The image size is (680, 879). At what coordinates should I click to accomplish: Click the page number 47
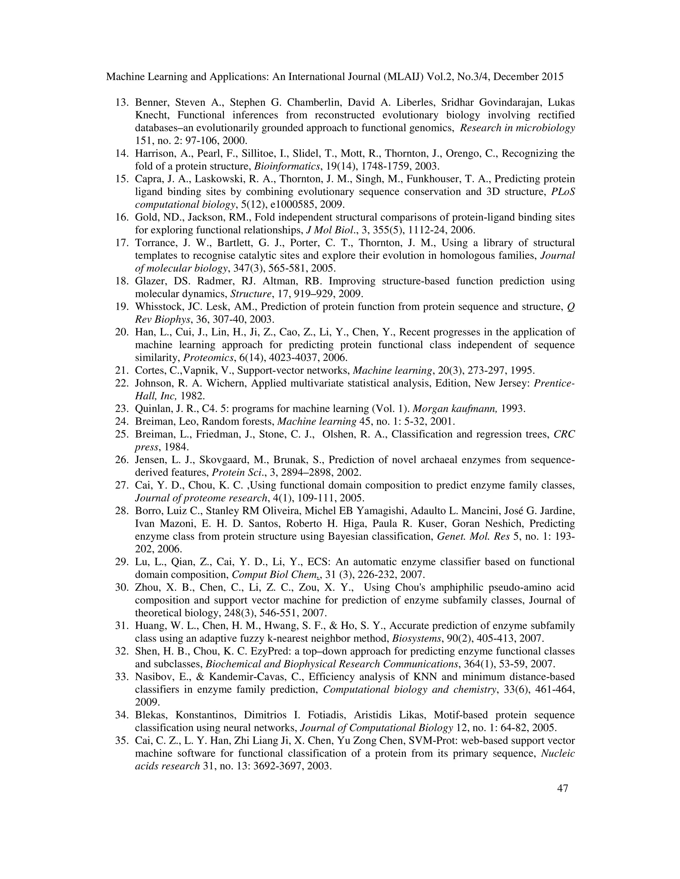(x=562, y=788)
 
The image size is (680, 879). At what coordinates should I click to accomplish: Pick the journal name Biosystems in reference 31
(x=411, y=639)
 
